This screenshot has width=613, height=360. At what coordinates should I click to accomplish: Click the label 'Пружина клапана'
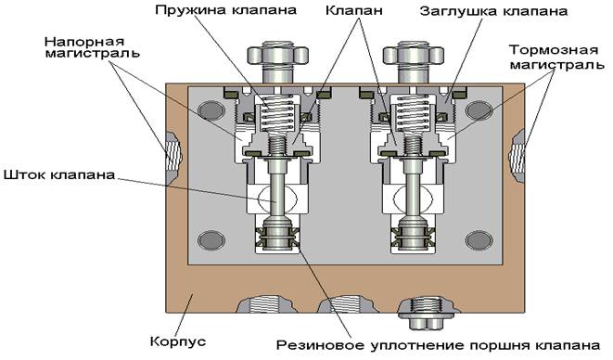(x=225, y=10)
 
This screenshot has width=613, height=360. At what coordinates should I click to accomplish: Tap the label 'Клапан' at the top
(x=354, y=10)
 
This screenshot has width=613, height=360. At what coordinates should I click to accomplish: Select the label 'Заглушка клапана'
(x=493, y=11)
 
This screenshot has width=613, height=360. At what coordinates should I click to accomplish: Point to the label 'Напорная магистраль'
(x=92, y=47)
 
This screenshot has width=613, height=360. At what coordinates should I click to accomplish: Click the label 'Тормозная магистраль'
(x=556, y=58)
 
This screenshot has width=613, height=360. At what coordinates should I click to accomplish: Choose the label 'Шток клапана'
(x=59, y=174)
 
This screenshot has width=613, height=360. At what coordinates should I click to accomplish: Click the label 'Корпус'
(x=178, y=341)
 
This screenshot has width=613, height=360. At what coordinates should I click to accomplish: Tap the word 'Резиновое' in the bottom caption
(x=322, y=345)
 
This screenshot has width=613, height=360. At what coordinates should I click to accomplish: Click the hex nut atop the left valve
(x=277, y=55)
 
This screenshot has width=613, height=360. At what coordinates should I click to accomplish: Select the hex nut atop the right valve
(x=414, y=55)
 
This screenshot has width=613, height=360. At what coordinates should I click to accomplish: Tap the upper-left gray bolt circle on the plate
(x=211, y=110)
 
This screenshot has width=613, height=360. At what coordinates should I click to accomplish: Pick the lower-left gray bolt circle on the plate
(x=211, y=240)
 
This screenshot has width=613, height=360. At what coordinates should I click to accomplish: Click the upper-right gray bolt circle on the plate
(x=479, y=110)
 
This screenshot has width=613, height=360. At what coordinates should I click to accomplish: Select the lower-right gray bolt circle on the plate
(x=479, y=240)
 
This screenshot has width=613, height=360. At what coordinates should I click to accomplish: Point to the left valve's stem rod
(x=277, y=192)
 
